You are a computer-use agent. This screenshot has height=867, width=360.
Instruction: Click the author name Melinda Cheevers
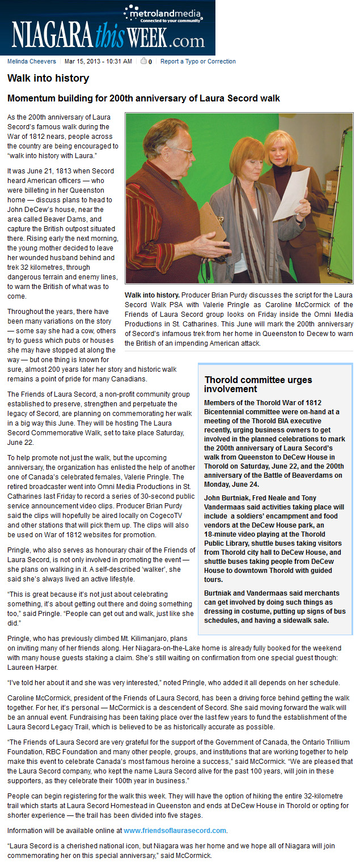(x=32, y=61)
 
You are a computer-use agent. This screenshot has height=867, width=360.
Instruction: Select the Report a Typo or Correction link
(x=198, y=61)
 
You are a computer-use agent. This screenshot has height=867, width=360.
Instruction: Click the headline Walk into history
(x=48, y=79)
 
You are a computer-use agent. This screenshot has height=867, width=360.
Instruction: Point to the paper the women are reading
(x=292, y=193)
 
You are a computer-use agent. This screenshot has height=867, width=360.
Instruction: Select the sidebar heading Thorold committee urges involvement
(x=258, y=384)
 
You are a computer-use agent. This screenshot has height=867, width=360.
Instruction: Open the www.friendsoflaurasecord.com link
(x=175, y=830)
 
